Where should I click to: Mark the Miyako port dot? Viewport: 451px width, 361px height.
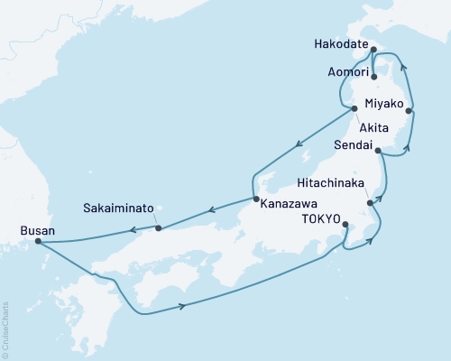pyautogui.click(x=410, y=111)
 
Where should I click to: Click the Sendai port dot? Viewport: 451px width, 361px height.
pyautogui.click(x=378, y=151)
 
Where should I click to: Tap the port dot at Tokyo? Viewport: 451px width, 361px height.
pyautogui.click(x=346, y=227)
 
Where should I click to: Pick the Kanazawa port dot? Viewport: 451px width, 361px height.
pyautogui.click(x=255, y=199)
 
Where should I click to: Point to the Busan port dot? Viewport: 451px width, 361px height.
pyautogui.click(x=37, y=241)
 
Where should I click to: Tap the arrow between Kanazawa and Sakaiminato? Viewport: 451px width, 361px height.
pyautogui.click(x=209, y=212)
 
